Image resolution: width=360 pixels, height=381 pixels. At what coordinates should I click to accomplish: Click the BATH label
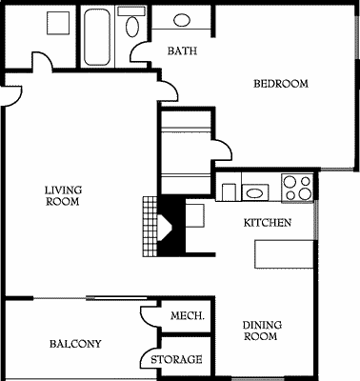(x=182, y=50)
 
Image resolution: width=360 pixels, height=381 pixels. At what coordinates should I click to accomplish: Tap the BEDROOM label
(x=281, y=84)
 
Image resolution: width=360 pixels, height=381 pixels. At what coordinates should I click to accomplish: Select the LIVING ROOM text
(x=63, y=195)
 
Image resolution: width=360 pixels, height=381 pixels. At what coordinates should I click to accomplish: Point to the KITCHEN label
(x=267, y=223)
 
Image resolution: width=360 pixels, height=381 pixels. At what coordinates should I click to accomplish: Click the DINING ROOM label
(x=262, y=331)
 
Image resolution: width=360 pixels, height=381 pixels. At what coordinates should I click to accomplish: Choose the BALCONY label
(x=75, y=344)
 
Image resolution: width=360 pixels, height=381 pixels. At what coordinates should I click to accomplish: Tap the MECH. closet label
(x=188, y=315)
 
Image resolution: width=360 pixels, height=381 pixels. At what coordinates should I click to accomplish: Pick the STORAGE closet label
(x=176, y=359)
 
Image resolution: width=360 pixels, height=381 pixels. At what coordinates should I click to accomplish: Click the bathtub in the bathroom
(x=97, y=37)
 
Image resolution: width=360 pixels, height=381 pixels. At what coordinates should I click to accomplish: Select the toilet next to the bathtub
(x=132, y=22)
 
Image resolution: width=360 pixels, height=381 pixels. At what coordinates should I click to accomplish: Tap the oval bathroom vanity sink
(x=182, y=21)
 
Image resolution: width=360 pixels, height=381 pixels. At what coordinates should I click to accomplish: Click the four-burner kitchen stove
(x=297, y=188)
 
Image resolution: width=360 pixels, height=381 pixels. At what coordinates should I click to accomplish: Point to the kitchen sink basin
(x=255, y=192)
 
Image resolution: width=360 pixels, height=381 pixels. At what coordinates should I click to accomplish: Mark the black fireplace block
(x=171, y=227)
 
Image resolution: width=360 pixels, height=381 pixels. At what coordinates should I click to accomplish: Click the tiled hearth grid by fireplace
(x=150, y=227)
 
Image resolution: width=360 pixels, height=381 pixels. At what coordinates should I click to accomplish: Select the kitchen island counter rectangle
(x=285, y=254)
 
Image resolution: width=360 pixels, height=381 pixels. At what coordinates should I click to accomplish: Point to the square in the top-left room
(x=58, y=23)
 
